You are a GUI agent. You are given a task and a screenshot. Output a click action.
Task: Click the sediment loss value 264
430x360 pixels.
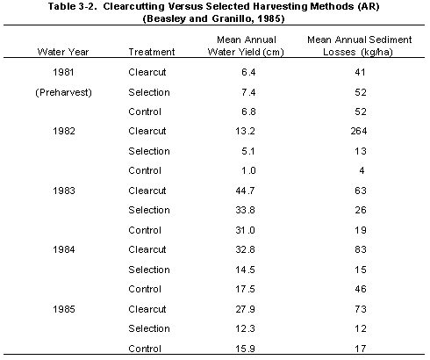click(x=359, y=131)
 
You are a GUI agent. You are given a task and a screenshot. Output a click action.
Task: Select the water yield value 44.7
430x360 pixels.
click(x=245, y=191)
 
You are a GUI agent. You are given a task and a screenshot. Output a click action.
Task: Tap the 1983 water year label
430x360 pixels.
click(x=64, y=191)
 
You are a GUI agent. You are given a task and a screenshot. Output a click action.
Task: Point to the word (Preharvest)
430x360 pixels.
click(x=63, y=92)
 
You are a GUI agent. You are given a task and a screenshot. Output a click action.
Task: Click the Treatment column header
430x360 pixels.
click(x=152, y=52)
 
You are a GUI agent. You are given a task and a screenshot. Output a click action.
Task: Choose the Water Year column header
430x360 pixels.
click(x=63, y=52)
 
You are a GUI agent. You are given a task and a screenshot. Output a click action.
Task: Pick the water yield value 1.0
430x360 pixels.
click(x=248, y=170)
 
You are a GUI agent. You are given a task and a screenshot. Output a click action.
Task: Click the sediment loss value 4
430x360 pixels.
click(x=362, y=170)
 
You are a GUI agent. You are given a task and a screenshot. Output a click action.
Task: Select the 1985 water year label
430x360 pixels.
click(x=64, y=309)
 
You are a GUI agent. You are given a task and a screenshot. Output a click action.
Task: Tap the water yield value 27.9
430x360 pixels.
click(x=245, y=309)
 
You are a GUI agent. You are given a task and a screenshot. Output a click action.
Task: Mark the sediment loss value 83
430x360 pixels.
click(x=361, y=249)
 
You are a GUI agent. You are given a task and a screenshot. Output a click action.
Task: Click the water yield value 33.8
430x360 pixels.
click(x=245, y=210)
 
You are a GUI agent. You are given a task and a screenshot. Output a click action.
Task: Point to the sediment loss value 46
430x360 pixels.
click(x=361, y=289)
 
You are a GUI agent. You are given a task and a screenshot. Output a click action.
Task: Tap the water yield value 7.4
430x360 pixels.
click(x=248, y=92)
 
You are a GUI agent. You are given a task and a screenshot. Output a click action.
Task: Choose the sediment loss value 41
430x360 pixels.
click(x=360, y=72)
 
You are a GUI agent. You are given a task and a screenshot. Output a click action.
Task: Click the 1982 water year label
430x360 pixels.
click(x=64, y=131)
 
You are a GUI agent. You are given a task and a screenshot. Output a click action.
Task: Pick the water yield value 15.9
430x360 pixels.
click(x=245, y=349)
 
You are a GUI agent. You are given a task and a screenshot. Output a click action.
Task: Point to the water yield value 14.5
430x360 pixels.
click(x=245, y=270)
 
